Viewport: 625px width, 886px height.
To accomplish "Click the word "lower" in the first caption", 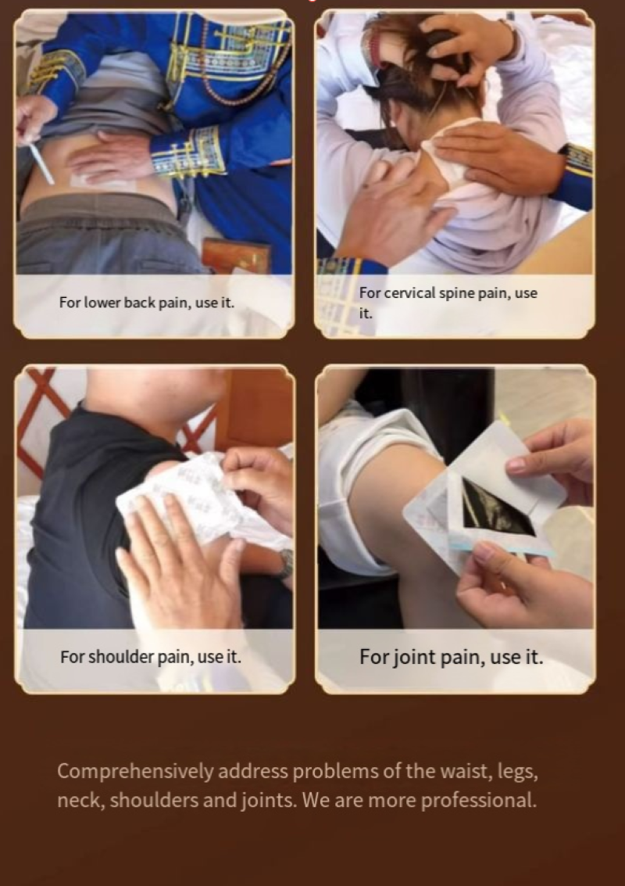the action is (102, 303).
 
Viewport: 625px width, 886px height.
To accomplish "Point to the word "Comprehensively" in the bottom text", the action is (135, 772).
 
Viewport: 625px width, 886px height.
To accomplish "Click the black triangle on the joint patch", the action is (495, 508).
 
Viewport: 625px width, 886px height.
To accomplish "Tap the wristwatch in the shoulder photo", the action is (286, 563).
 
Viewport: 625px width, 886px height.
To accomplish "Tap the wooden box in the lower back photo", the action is (236, 257).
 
